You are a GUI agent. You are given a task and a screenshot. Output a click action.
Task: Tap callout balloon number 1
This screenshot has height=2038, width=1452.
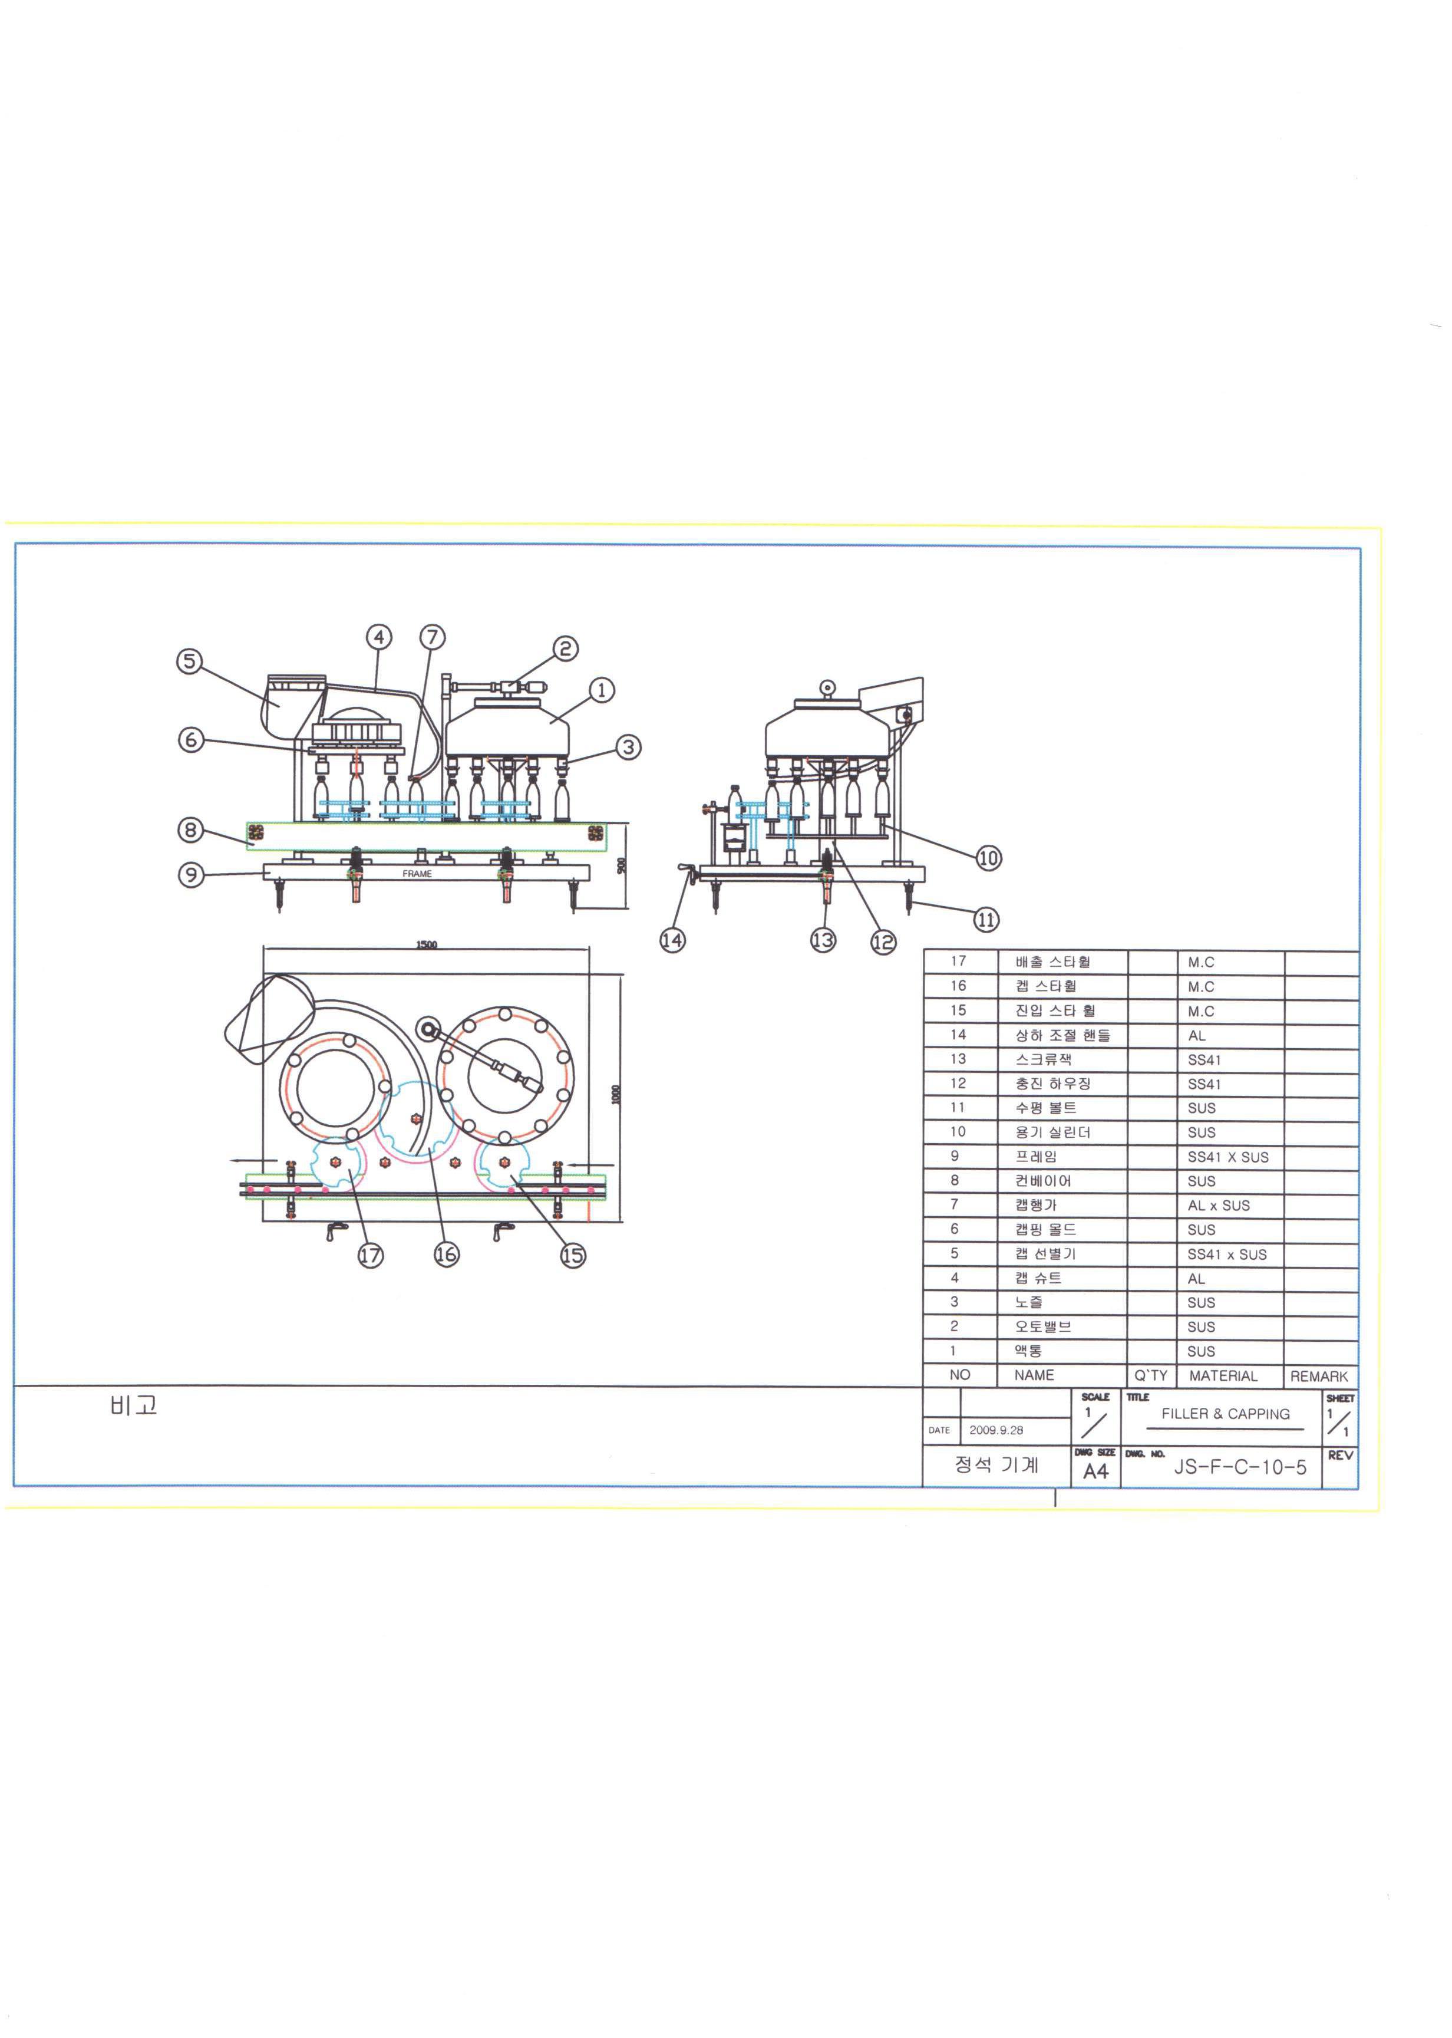coord(602,690)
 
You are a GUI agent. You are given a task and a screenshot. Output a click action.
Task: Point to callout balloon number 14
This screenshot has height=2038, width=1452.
coord(672,940)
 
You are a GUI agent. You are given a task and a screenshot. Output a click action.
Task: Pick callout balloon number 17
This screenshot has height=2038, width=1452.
coord(371,1256)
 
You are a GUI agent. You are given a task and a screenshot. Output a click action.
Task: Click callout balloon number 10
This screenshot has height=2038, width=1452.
coord(988,858)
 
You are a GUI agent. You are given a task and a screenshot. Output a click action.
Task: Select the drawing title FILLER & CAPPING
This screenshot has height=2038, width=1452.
coord(1225,1414)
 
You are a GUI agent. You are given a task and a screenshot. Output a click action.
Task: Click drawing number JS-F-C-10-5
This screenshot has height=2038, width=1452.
coord(1240,1467)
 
